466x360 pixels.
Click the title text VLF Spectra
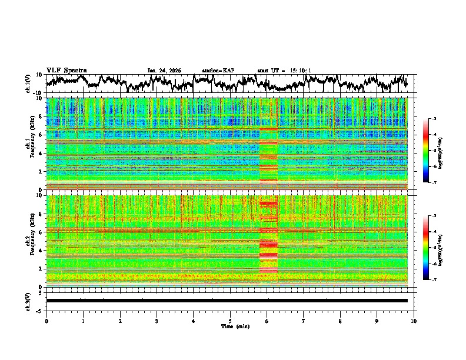(66, 70)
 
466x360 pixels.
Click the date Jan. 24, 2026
(164, 71)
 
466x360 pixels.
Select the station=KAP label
(218, 71)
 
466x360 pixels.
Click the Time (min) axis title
(230, 326)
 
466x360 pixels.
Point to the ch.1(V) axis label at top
(28, 84)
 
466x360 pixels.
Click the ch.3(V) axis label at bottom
(28, 300)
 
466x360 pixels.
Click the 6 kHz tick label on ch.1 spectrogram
(41, 135)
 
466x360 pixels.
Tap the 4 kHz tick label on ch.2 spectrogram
(41, 250)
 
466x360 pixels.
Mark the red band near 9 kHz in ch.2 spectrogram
(268, 204)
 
